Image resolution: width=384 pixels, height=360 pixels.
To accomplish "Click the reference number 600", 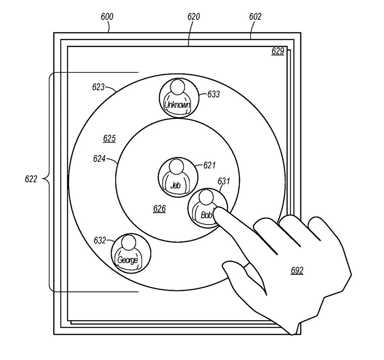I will pyautogui.click(x=107, y=17).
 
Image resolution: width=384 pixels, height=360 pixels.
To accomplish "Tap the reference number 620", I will pyautogui.click(x=193, y=17).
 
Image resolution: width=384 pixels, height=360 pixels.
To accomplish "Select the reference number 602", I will pyautogui.click(x=255, y=17).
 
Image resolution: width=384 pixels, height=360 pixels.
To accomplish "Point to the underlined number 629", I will pyautogui.click(x=278, y=51).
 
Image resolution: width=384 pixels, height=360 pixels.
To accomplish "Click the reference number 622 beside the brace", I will pyautogui.click(x=31, y=179).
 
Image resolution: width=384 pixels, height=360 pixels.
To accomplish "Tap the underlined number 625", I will pyautogui.click(x=109, y=139).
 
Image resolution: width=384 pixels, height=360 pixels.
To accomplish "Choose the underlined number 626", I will pyautogui.click(x=159, y=209).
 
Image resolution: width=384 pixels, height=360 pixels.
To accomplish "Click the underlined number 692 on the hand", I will pyautogui.click(x=297, y=270).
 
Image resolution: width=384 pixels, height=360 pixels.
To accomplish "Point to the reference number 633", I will pyautogui.click(x=213, y=94).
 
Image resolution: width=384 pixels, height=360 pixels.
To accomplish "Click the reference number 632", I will pyautogui.click(x=100, y=240).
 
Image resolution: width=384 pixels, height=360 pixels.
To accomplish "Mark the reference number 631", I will pyautogui.click(x=223, y=181).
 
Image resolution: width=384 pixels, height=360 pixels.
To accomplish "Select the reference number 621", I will pyautogui.click(x=210, y=165).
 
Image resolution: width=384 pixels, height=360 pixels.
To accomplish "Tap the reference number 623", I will pyautogui.click(x=98, y=87).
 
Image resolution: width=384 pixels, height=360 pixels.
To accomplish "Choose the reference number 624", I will pyautogui.click(x=99, y=159).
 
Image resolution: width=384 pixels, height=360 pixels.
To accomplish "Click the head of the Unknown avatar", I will pyautogui.click(x=176, y=87).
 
